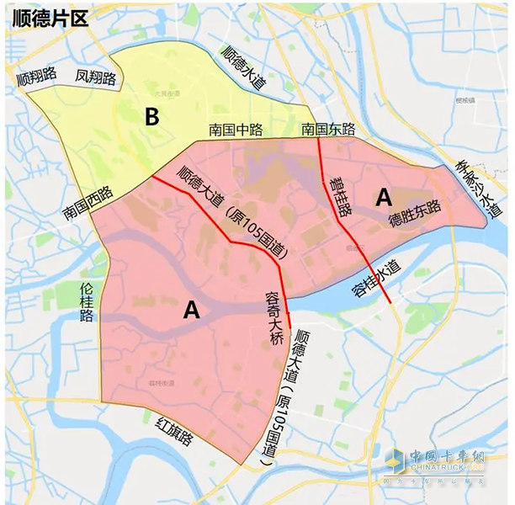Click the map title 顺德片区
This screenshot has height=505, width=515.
coord(50,19)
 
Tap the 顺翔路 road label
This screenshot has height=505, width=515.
coord(36,77)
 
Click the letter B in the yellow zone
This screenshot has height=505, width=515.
coord(151,117)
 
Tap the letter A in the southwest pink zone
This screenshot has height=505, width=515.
coord(191,311)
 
